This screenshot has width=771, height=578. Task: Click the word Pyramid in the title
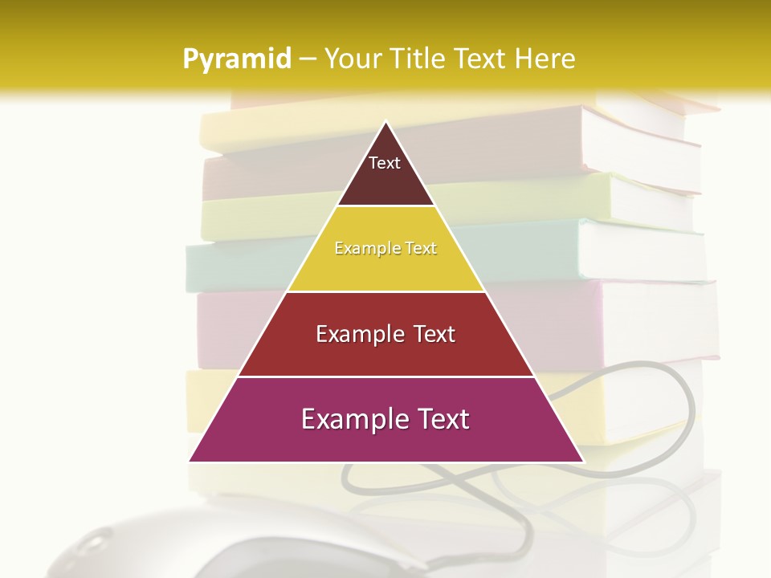(237, 59)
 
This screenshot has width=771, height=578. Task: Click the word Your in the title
(350, 59)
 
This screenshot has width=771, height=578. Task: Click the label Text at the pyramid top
(385, 163)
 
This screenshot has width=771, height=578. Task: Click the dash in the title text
(308, 59)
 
